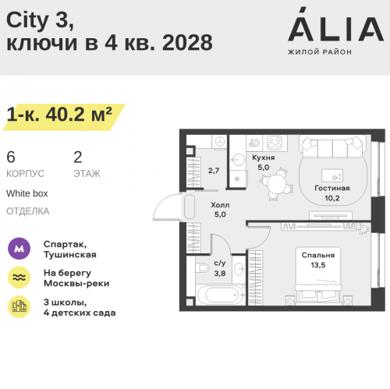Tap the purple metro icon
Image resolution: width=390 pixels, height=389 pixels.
pos(19,249)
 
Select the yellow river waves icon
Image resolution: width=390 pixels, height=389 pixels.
pos(19,278)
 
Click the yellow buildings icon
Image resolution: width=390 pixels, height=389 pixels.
pos(19,306)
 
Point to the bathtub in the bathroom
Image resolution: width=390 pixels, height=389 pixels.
pos(221,295)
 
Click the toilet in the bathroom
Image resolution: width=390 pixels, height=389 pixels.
pos(202,267)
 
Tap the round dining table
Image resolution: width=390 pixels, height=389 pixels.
pos(276,184)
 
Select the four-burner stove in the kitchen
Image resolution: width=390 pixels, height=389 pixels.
pos(275,143)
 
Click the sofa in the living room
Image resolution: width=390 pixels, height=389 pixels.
pos(332,146)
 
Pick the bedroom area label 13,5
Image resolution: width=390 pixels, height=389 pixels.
pos(318,265)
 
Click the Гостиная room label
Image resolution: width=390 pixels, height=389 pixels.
pos(332,188)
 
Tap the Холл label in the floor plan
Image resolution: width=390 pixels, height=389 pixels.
pos(220,205)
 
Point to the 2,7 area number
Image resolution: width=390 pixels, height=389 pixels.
pos(214,171)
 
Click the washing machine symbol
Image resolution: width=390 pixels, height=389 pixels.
pos(220,142)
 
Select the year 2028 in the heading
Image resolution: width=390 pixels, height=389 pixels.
pos(187,42)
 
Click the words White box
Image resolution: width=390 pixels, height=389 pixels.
pos(27,193)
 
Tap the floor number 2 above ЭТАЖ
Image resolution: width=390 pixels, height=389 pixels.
pos(78,157)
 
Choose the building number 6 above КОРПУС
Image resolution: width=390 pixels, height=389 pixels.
pos(11,157)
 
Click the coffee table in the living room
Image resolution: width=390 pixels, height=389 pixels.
pos(332,175)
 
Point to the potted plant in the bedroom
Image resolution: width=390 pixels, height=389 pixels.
pos(364,229)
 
